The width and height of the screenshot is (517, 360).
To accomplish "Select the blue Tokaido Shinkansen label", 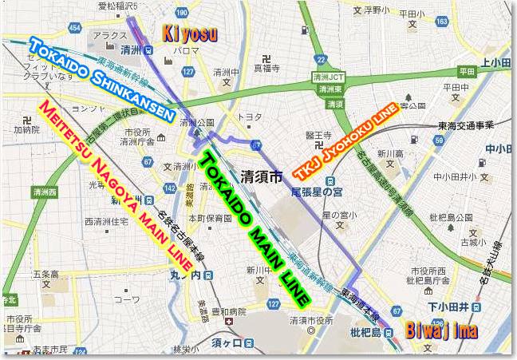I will coord(103,77).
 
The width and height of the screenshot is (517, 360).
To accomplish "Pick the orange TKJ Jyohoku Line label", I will coord(345,141).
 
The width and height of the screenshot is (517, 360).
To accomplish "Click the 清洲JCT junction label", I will coord(328,77).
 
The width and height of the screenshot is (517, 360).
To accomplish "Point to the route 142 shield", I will coord(168,188).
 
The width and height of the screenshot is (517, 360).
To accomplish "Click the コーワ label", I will coord(124,300).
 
